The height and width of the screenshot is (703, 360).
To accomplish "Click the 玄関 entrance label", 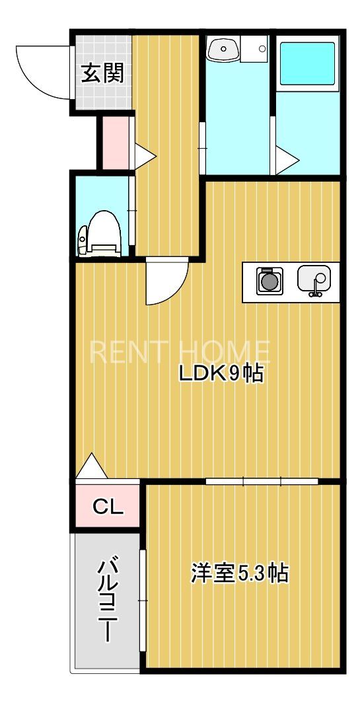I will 102,73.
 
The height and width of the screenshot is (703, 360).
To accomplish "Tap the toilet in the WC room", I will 100,233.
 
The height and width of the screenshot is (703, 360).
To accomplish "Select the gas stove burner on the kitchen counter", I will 269,281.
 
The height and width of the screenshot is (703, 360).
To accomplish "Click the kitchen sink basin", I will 313,279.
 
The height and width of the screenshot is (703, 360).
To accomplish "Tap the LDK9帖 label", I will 221,374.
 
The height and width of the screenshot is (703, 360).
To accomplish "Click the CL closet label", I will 107,507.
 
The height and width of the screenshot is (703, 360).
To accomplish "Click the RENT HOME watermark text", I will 180,352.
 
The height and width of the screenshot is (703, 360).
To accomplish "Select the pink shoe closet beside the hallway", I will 114,143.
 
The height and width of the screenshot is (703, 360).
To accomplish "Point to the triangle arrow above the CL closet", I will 91,467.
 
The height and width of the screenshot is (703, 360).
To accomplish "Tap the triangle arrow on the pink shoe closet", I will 145,156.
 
